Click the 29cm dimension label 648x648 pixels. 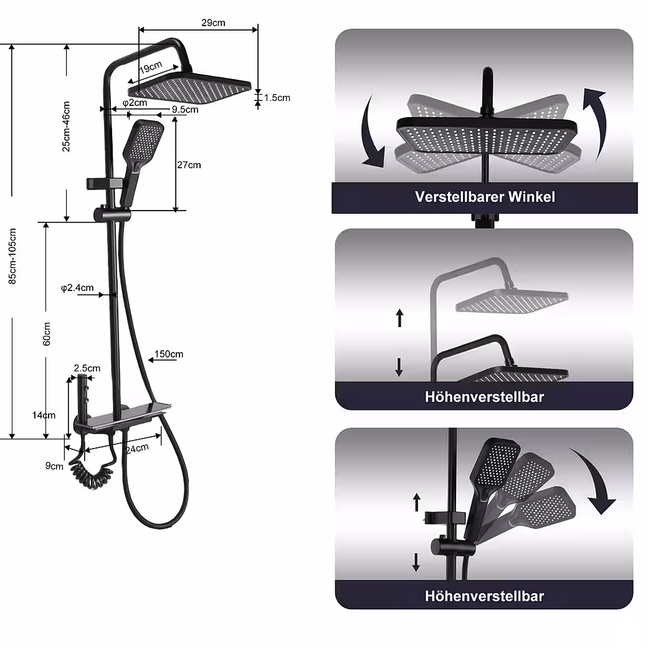213,23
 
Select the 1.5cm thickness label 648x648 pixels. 277,98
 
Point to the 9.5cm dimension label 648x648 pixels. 185,110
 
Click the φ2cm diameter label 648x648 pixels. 135,102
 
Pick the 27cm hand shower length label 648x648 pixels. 189,165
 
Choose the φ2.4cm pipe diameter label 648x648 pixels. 77,288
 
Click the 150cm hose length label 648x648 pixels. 169,355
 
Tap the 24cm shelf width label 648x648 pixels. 137,448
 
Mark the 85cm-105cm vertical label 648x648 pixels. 12,256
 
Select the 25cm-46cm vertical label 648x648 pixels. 66,126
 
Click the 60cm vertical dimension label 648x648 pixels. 46,333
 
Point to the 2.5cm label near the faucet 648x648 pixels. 87,368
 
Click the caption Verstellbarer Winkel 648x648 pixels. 485,197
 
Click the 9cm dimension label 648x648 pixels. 54,465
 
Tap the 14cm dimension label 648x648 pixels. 44,416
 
